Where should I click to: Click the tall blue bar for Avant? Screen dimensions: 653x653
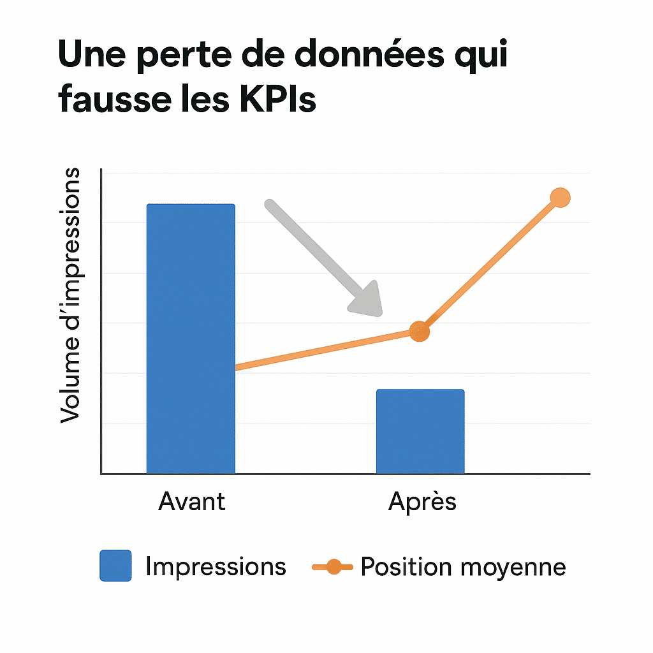(x=191, y=338)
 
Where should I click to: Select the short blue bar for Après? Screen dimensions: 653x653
(x=420, y=431)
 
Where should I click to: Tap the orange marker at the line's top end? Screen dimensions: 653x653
(x=559, y=198)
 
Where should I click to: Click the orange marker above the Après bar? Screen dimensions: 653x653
(x=419, y=331)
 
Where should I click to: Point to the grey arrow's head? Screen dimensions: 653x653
(x=367, y=300)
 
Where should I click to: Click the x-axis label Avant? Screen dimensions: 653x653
(x=191, y=501)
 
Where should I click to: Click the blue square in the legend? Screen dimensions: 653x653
(x=115, y=566)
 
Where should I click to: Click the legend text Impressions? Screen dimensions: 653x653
(x=216, y=566)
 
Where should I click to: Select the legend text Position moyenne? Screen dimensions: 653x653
(x=463, y=566)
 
